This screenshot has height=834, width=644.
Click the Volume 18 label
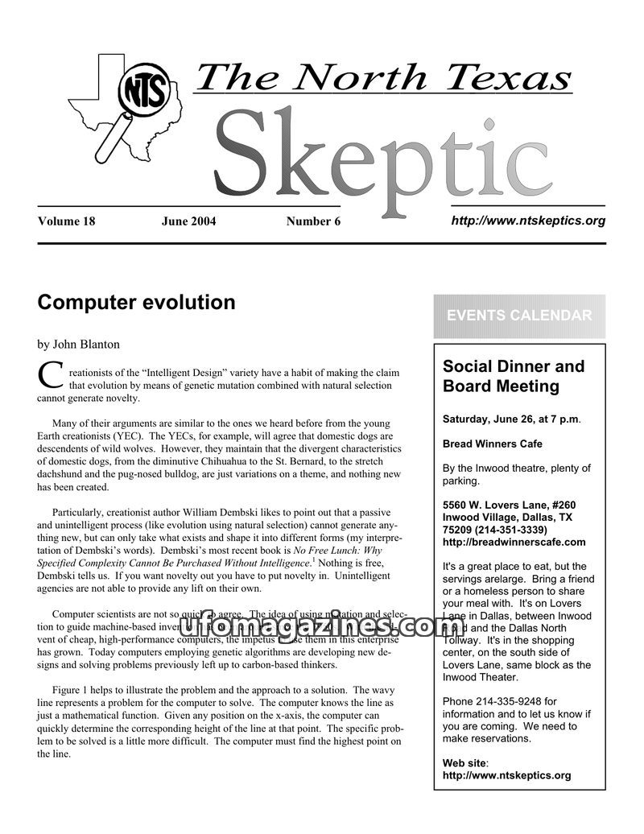[x=66, y=221]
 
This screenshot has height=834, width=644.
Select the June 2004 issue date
[x=188, y=221]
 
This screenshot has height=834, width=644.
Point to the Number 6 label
[x=313, y=221]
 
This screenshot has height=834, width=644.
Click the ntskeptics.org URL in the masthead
[x=528, y=221]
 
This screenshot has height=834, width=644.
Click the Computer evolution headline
[x=136, y=303]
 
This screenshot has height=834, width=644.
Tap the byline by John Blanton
[x=78, y=345]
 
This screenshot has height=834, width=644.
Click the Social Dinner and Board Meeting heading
[x=514, y=376]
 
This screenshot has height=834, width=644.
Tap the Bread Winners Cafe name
[x=493, y=444]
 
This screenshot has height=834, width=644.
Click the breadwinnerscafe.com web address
[x=514, y=542]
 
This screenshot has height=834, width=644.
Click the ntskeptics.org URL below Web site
[x=507, y=775]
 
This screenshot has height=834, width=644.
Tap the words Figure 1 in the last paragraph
[x=73, y=690]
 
